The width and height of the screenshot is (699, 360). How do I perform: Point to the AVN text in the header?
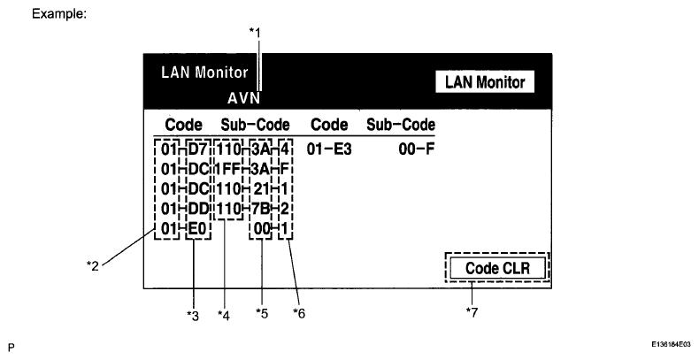point(244,98)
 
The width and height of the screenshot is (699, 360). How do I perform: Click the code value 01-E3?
point(329,149)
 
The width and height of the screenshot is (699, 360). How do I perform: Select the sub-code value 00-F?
point(415,149)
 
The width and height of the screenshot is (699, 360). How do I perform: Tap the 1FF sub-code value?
point(227,169)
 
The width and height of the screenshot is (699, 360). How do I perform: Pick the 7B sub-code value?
point(261,209)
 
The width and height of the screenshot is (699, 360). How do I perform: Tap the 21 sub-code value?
point(261,188)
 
